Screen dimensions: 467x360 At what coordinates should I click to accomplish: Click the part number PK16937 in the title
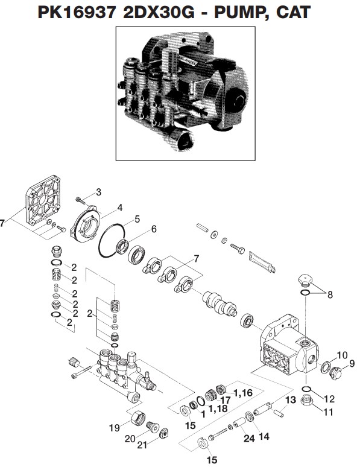click(75, 13)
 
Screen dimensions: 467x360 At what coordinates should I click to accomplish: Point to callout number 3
click(99, 192)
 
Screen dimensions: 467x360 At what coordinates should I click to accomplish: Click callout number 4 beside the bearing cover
click(119, 208)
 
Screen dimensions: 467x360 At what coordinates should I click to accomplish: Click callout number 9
click(352, 363)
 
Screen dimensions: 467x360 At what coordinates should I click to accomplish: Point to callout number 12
click(329, 399)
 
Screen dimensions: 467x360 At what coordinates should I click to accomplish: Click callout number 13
click(290, 399)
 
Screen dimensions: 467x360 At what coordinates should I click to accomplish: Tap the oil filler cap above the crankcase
click(307, 282)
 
